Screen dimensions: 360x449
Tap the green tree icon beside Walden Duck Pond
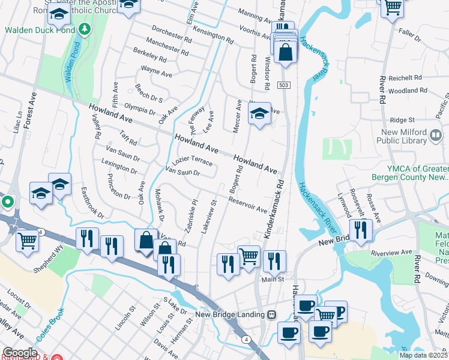click(x=85, y=28)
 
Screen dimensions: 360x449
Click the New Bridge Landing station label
click(x=230, y=314)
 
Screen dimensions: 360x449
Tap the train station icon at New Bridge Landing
click(x=272, y=314)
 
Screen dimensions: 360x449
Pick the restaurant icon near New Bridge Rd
click(x=361, y=229)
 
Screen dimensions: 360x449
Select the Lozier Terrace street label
click(x=192, y=163)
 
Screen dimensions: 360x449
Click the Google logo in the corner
click(x=20, y=353)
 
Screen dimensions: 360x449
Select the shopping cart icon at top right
click(x=393, y=7)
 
